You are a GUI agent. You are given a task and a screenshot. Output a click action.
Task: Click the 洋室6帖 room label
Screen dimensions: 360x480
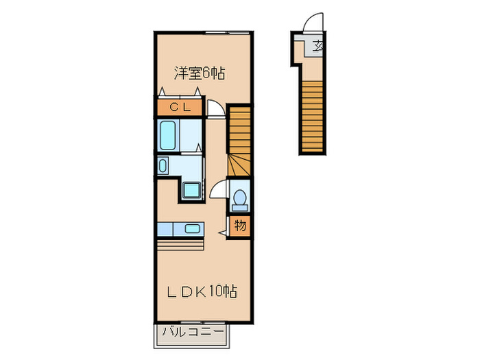200,72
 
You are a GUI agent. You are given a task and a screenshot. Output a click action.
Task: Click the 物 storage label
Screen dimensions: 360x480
240,225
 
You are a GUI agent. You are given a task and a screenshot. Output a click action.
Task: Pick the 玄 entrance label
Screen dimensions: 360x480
318,47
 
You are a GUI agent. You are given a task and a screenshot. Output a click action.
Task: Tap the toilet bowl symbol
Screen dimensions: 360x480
240,200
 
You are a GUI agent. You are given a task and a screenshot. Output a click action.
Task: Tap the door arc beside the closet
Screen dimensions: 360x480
215,108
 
